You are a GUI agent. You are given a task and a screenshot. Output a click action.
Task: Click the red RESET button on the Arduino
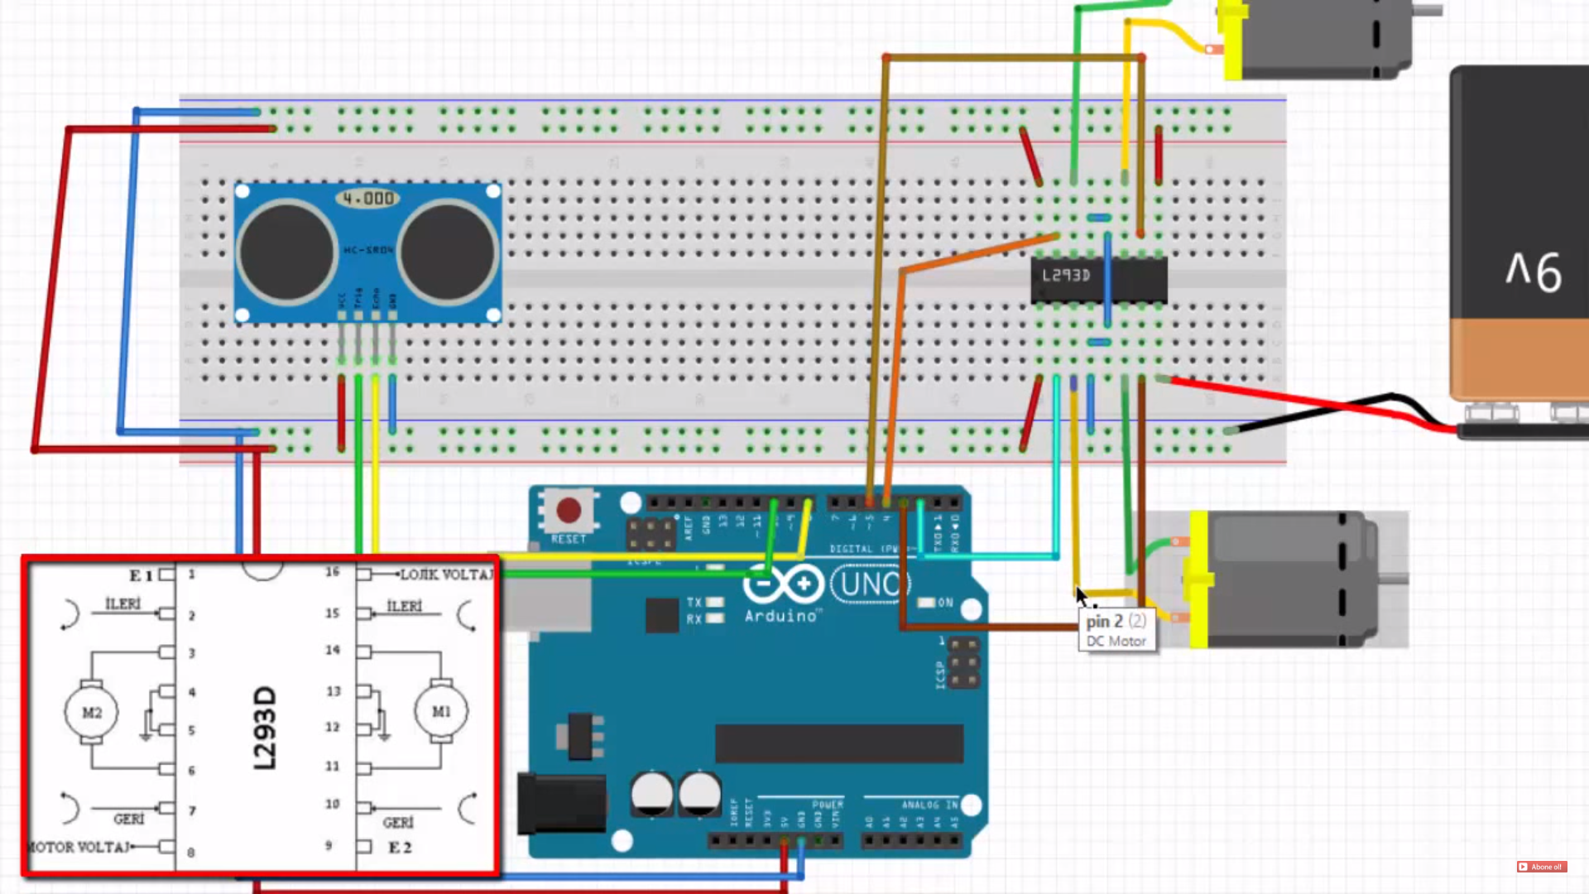[x=569, y=510]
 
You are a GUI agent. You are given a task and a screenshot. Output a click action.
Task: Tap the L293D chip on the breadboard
[x=1098, y=278]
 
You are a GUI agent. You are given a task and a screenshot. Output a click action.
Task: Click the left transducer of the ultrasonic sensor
[x=286, y=252]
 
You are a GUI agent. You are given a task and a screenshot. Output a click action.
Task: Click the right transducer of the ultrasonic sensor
[x=447, y=252]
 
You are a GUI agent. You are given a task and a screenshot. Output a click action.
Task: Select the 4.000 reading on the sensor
[x=368, y=199]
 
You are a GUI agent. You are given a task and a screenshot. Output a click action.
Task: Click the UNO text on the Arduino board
[x=869, y=584]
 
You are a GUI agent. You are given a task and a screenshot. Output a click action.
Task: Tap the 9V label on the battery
[x=1534, y=272]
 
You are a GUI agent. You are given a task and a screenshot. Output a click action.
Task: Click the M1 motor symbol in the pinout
[x=441, y=711]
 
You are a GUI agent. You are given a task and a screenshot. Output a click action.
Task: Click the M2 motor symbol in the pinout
[x=92, y=712]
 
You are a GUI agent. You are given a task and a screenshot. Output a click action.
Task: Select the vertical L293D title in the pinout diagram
[x=265, y=728]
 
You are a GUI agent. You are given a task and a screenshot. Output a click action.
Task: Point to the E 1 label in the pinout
[x=141, y=575]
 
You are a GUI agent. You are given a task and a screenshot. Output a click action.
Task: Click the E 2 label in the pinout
[x=400, y=848]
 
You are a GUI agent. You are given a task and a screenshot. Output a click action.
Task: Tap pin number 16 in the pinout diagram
[x=332, y=572]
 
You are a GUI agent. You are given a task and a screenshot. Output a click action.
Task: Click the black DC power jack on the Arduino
[x=561, y=803]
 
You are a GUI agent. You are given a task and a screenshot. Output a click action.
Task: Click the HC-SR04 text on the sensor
[x=368, y=250]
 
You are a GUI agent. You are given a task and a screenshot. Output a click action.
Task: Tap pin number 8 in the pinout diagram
[x=191, y=853]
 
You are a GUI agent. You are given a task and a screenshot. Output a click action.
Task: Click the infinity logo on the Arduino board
[x=781, y=584]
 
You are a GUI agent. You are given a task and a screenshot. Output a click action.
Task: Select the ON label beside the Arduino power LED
[x=945, y=603]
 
